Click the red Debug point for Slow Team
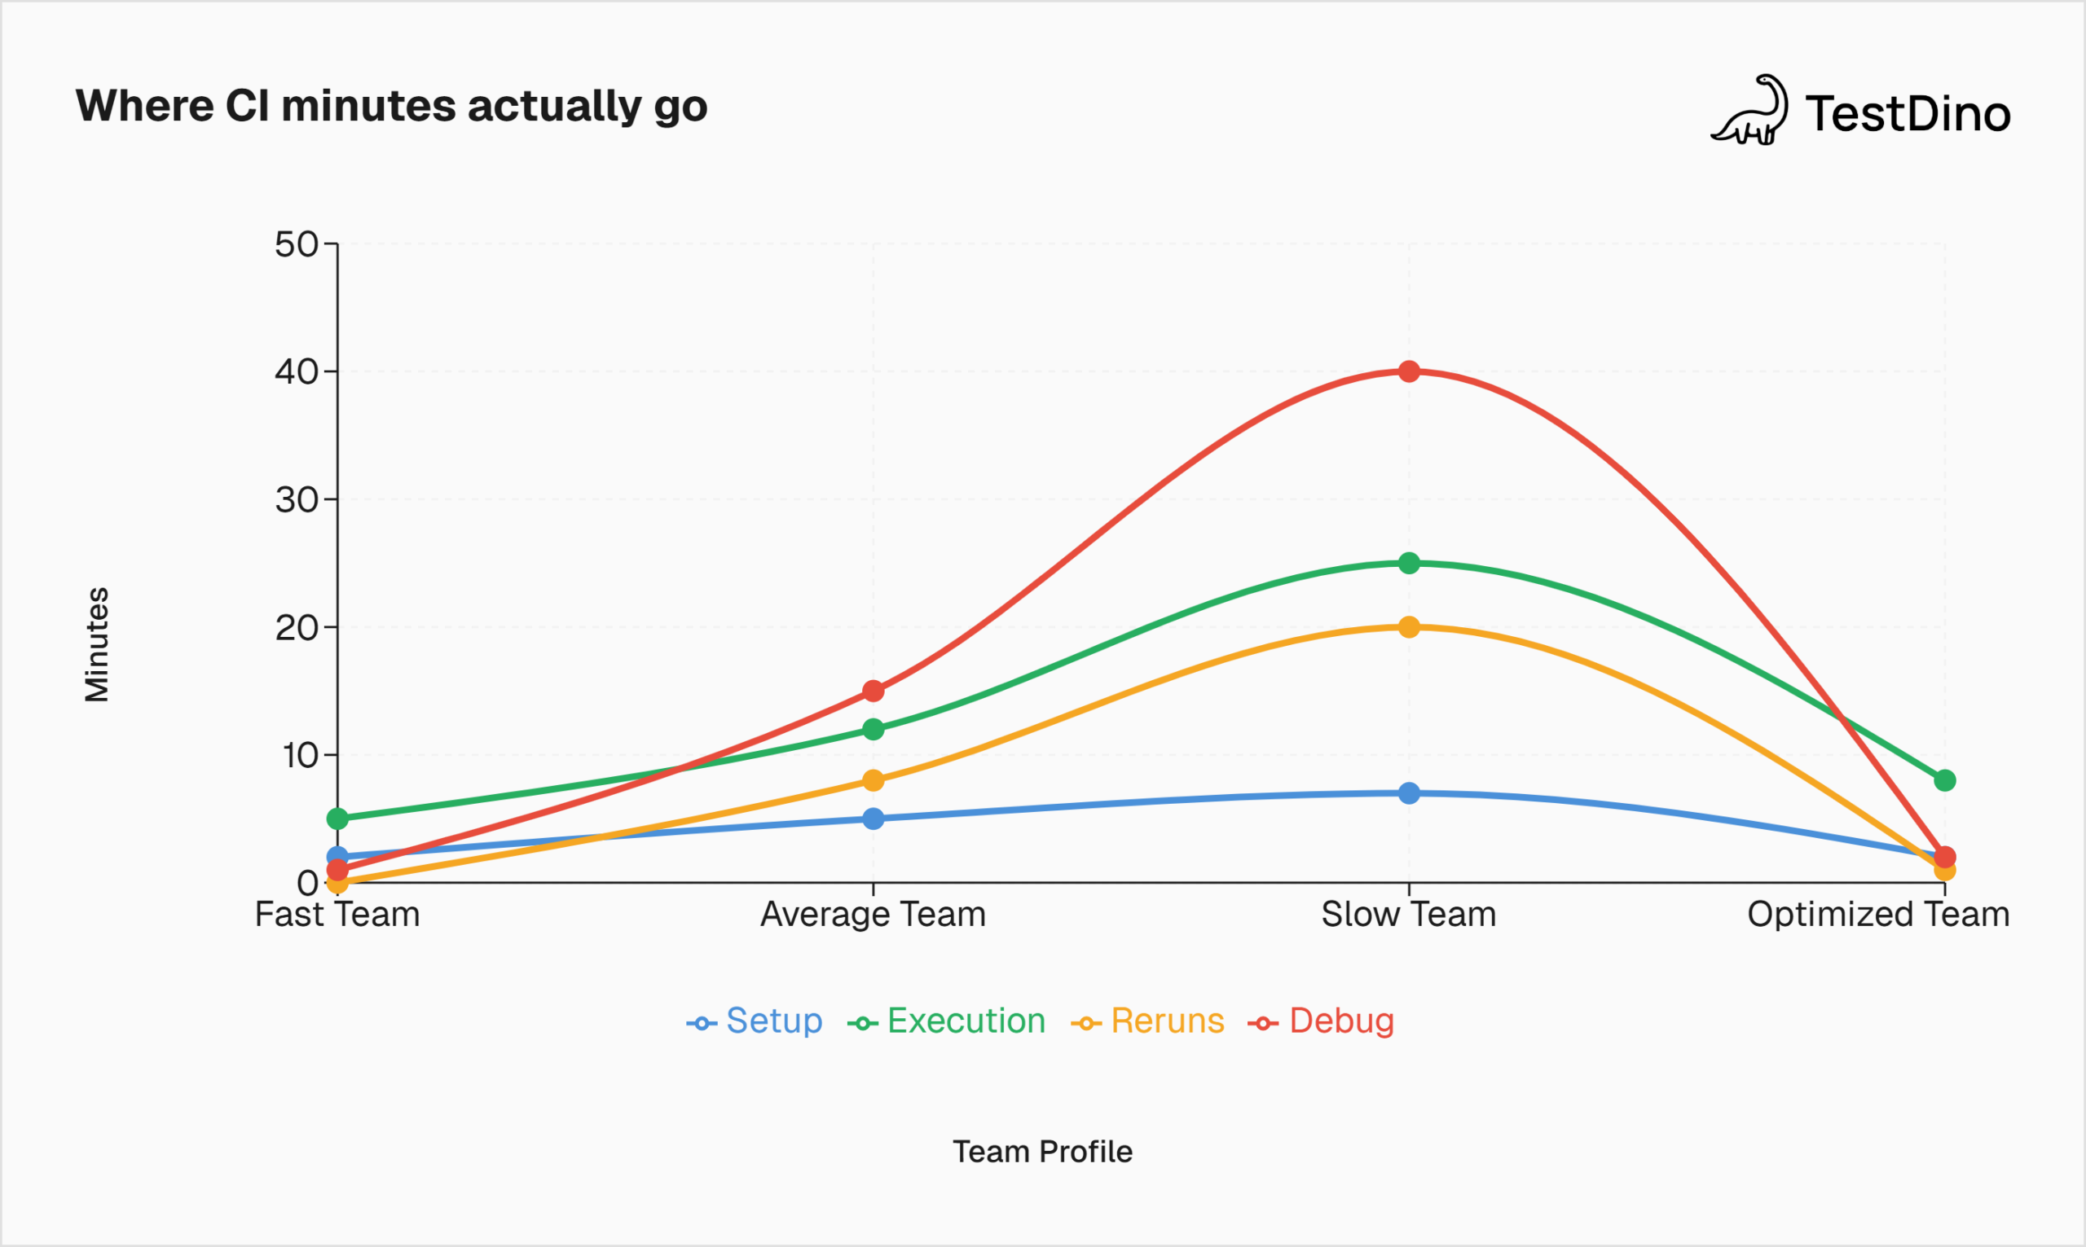(1410, 371)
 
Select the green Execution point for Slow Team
(1410, 563)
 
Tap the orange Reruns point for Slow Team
(1410, 627)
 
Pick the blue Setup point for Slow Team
(1410, 793)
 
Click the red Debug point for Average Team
(874, 691)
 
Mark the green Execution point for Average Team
(874, 729)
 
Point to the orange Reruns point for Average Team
(874, 780)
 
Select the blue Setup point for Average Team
(874, 819)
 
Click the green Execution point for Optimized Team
(1945, 780)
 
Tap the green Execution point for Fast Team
(337, 819)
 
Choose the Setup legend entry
(755, 1021)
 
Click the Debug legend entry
(1322, 1021)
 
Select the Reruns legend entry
(1148, 1021)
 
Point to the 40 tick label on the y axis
(297, 371)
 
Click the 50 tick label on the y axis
(297, 244)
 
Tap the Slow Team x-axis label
(1409, 914)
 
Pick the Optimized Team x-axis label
(1878, 914)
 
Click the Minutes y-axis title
(97, 643)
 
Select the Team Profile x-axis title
(1042, 1151)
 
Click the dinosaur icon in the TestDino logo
(1749, 111)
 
